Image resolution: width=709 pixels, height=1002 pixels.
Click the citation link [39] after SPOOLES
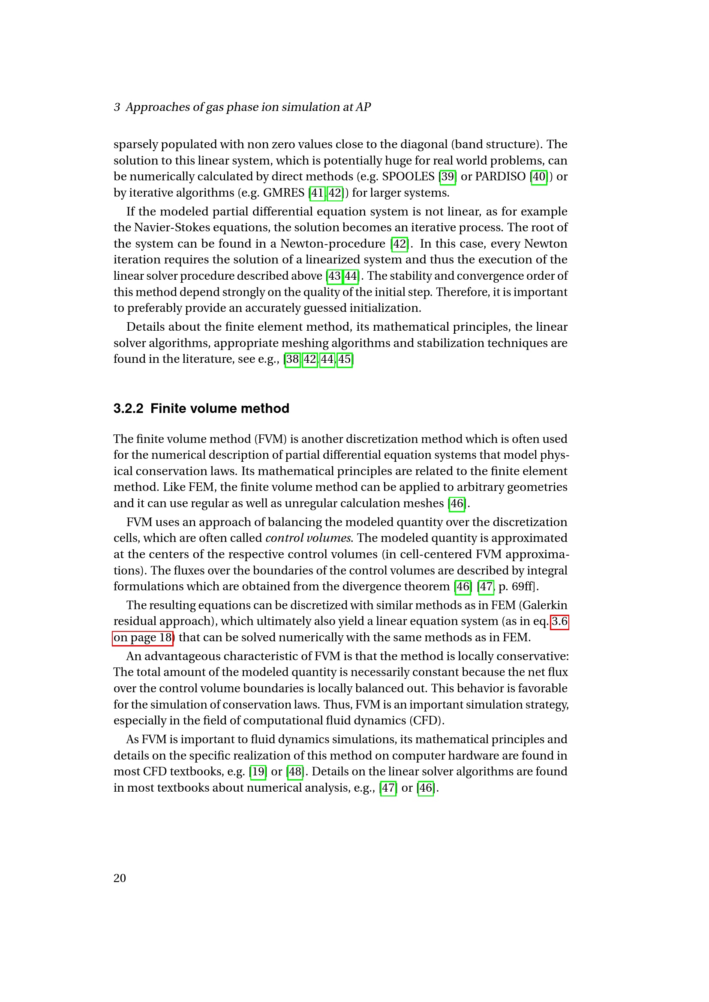click(448, 177)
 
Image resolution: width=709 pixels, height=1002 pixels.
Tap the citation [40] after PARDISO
click(539, 177)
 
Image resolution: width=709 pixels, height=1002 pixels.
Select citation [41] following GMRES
click(317, 193)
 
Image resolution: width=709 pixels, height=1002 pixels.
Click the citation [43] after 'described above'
click(334, 276)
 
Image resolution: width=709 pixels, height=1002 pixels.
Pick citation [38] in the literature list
click(292, 359)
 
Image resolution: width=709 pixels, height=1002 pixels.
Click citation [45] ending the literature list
click(345, 359)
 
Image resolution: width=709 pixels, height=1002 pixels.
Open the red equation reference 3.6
click(559, 621)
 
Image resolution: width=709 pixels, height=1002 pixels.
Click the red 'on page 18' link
click(143, 637)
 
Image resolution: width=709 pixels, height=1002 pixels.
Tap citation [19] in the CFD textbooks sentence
click(258, 772)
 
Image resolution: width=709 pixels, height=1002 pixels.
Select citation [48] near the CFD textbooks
click(295, 772)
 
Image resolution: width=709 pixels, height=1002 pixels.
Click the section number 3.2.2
click(128, 409)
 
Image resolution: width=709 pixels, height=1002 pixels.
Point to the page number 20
click(120, 878)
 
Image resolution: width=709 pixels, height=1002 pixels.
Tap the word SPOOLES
click(408, 177)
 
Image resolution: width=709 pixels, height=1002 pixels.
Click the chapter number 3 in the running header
click(117, 108)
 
